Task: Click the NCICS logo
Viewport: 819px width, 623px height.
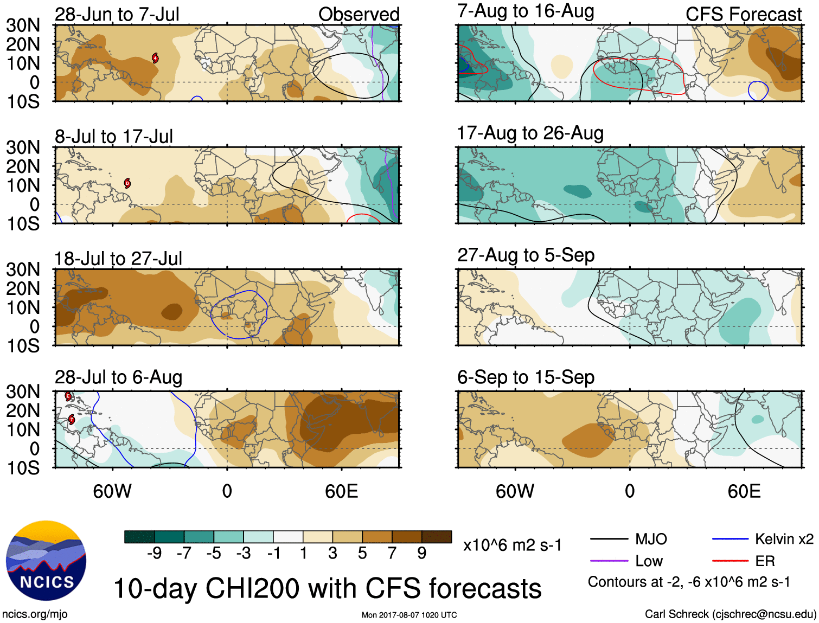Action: pos(46,561)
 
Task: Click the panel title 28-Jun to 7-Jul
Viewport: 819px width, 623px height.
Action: pos(117,14)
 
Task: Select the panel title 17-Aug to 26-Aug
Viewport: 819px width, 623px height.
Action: pos(530,133)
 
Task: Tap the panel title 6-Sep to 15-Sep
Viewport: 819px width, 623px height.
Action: pos(526,377)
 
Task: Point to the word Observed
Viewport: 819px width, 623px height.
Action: pos(359,14)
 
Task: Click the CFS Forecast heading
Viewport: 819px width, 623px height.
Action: pos(743,14)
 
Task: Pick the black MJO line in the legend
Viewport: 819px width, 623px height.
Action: pos(609,539)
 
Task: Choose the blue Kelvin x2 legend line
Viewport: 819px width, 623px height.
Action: pos(731,539)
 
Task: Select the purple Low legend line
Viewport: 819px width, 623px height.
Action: pos(609,561)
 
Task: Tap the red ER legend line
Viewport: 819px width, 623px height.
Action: pos(731,561)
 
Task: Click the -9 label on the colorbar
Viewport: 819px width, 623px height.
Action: pos(154,553)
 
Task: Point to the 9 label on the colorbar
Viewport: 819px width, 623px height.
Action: pos(422,553)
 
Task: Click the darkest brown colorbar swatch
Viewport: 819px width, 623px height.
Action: pos(437,537)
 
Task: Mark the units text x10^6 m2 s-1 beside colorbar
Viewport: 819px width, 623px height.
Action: pos(512,545)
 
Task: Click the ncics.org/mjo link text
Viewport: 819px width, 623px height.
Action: pos(35,614)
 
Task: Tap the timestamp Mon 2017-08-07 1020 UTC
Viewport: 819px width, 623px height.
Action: pos(409,615)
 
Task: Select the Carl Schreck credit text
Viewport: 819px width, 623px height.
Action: pos(730,614)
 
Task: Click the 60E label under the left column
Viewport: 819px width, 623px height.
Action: pos(341,491)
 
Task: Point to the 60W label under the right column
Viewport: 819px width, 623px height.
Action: pos(515,491)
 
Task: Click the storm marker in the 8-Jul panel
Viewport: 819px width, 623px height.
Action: pos(127,183)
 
